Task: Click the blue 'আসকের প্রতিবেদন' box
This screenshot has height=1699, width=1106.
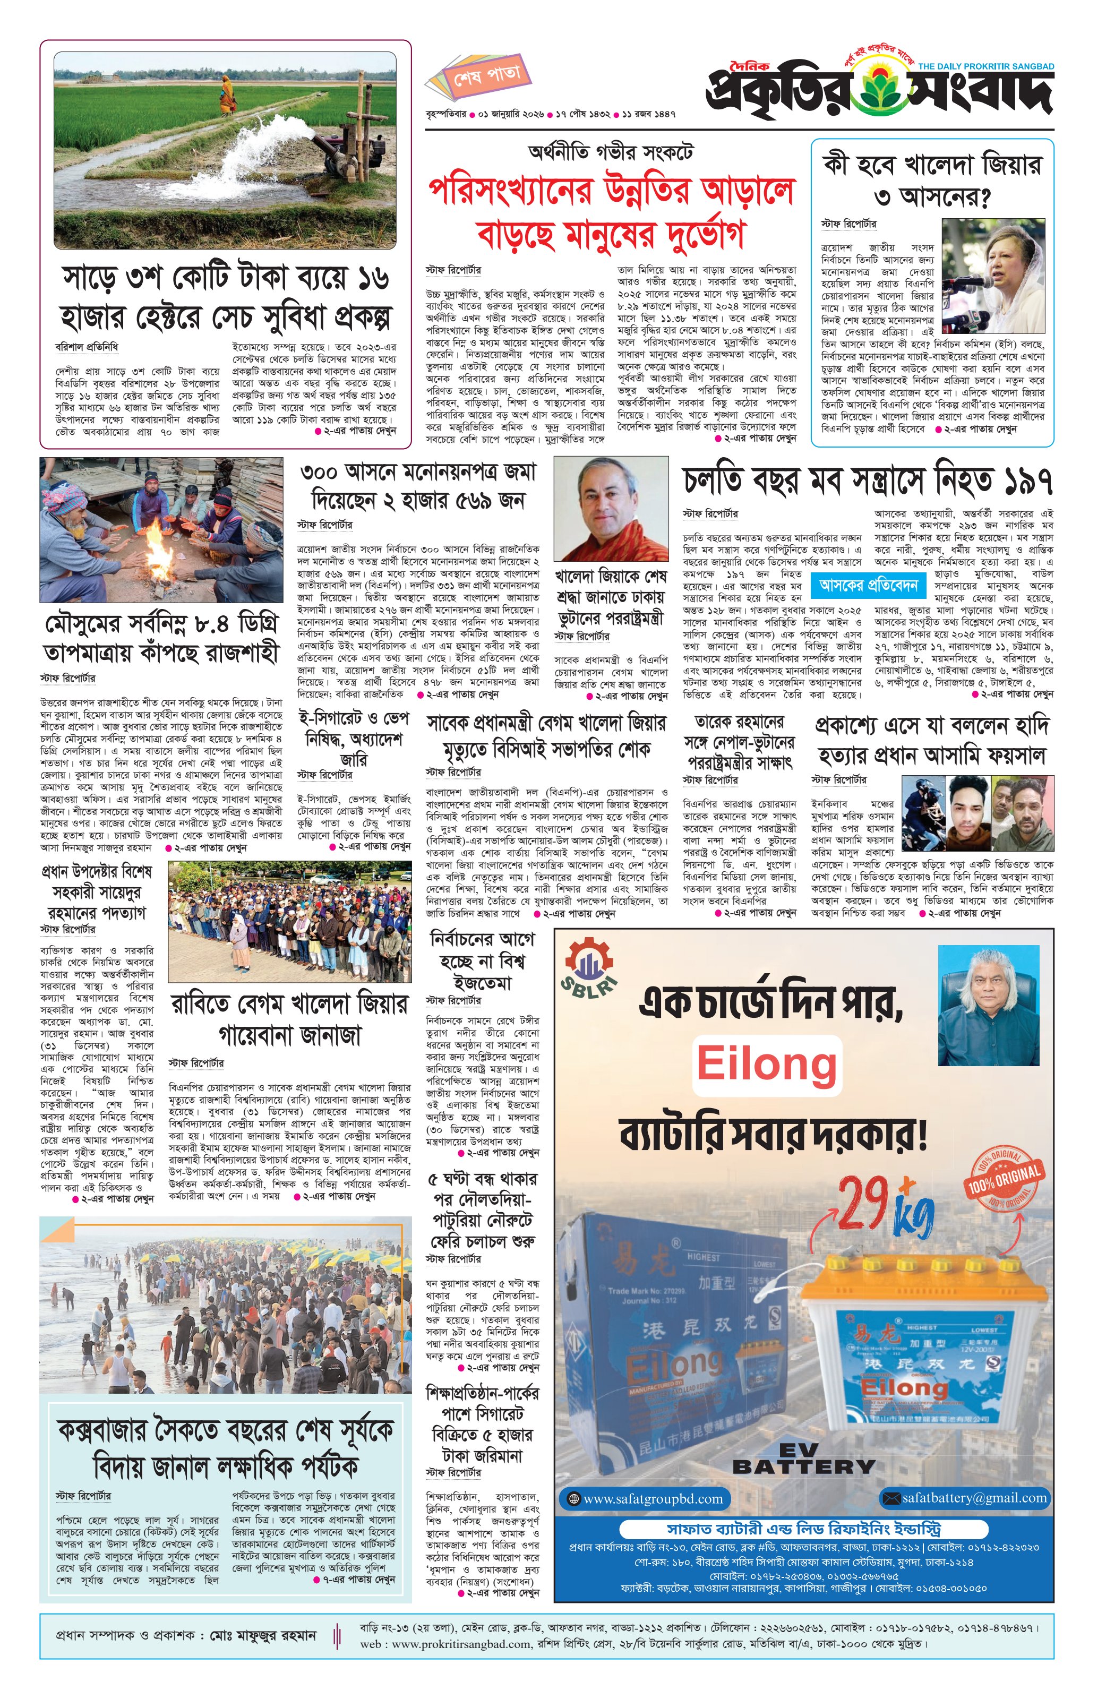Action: point(868,586)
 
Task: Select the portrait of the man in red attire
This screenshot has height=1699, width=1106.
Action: point(611,509)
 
